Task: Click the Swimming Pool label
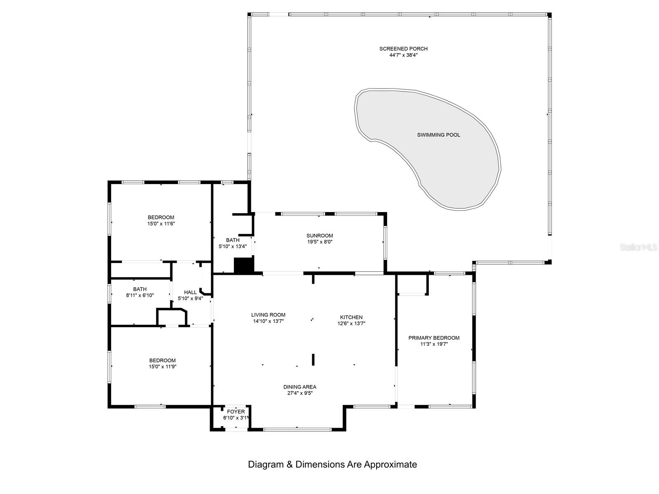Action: pyautogui.click(x=438, y=135)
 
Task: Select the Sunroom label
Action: pyautogui.click(x=320, y=236)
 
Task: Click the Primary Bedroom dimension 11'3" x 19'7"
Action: pyautogui.click(x=434, y=344)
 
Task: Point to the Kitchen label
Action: pyautogui.click(x=351, y=317)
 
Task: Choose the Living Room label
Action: pyautogui.click(x=268, y=315)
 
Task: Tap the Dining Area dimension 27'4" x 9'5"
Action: pyautogui.click(x=299, y=393)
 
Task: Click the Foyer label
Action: pyautogui.click(x=236, y=412)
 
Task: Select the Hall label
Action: pyautogui.click(x=190, y=292)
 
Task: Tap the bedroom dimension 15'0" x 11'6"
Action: pyautogui.click(x=161, y=224)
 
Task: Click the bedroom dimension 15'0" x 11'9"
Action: pyautogui.click(x=162, y=366)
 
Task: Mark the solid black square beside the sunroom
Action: pyautogui.click(x=243, y=265)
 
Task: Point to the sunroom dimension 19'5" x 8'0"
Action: pyautogui.click(x=320, y=242)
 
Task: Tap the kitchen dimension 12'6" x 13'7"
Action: pyautogui.click(x=351, y=324)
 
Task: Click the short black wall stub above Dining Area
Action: pyautogui.click(x=313, y=359)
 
